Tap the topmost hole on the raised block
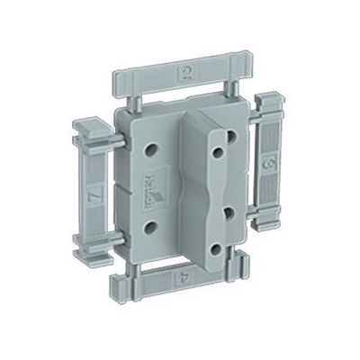click(x=232, y=136)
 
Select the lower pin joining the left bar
click(x=116, y=239)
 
